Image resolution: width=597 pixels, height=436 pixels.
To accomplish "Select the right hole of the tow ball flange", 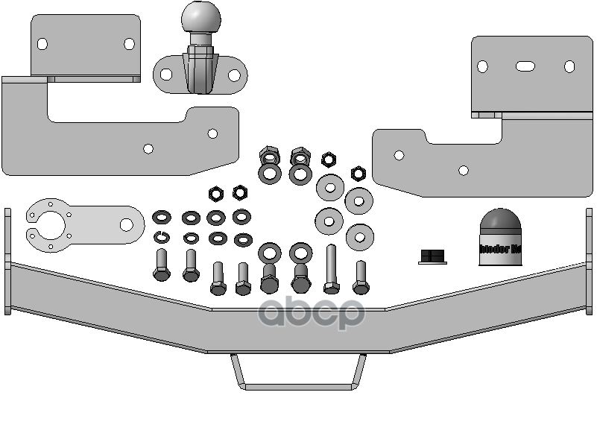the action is (233, 75).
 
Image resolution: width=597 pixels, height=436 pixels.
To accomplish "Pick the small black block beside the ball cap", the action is (432, 256).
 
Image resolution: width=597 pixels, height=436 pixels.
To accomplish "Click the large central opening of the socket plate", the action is (53, 225).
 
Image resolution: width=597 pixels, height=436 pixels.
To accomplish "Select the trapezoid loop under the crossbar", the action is (297, 372).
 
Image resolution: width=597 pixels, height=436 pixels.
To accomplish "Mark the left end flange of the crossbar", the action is (7, 261).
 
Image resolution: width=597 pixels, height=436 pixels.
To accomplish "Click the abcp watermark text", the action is (312, 314).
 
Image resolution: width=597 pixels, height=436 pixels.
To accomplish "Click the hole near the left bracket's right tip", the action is (213, 134).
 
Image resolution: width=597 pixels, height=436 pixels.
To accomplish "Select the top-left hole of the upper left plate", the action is (42, 44).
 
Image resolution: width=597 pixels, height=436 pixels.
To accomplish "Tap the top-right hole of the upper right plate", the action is (569, 67).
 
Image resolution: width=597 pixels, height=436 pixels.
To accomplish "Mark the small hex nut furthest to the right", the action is (358, 174).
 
